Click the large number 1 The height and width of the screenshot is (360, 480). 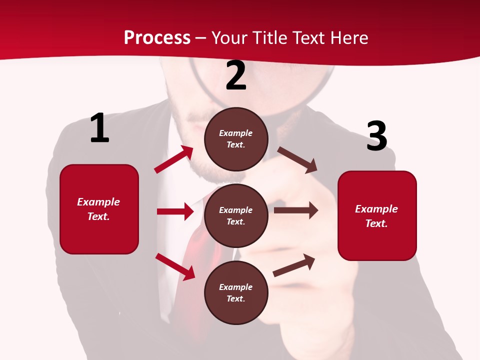[x=99, y=128]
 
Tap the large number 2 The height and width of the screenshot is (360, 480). [x=236, y=75]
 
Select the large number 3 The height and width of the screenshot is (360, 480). [x=376, y=136]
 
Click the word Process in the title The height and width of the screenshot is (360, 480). [x=157, y=37]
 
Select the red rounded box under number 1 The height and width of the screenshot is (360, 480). [x=99, y=209]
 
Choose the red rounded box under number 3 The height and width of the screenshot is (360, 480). [x=377, y=216]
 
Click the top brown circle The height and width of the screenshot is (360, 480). [x=236, y=139]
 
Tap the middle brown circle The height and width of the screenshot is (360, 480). [x=236, y=215]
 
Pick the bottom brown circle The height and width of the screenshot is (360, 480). [x=236, y=292]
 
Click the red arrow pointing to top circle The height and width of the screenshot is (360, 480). [x=174, y=159]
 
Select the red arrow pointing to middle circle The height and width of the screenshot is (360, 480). [x=175, y=211]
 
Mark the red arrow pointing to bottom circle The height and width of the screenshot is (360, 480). [x=175, y=266]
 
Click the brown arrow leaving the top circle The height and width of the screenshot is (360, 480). [x=297, y=159]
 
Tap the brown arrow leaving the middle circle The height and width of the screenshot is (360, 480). [x=296, y=210]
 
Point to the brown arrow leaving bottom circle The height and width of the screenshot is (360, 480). [x=294, y=265]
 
